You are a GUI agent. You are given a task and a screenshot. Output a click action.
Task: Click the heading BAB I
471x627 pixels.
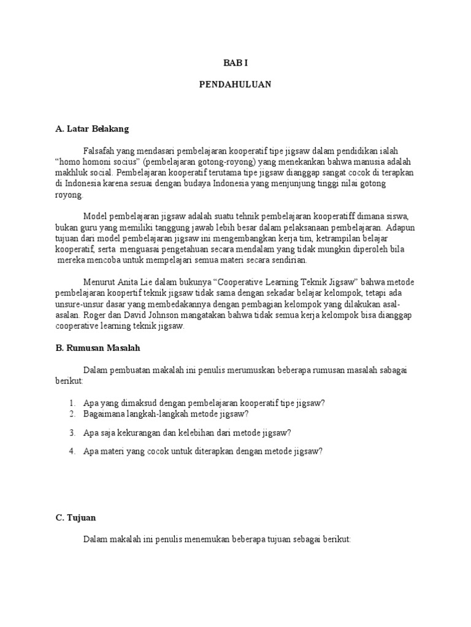click(235, 62)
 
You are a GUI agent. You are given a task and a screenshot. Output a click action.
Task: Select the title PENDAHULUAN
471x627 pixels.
click(235, 84)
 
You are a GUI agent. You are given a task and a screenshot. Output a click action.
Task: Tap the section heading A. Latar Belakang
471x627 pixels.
click(92, 129)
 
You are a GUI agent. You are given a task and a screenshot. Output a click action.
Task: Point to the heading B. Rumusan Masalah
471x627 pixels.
click(98, 348)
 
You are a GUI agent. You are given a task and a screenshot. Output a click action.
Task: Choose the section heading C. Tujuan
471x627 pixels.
click(75, 517)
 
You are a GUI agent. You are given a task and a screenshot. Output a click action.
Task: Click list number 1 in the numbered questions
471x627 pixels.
click(72, 402)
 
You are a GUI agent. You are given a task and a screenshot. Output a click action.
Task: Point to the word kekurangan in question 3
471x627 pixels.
click(144, 432)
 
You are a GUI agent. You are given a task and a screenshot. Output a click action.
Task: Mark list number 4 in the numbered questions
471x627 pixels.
click(72, 451)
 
